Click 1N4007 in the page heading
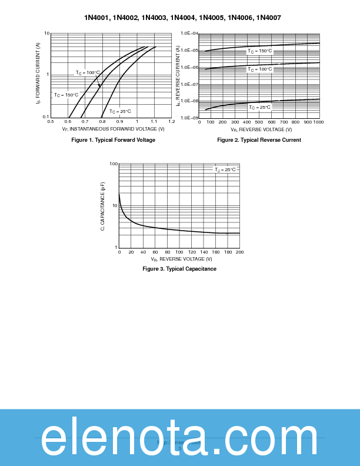[x=269, y=18]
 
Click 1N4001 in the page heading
[x=96, y=18]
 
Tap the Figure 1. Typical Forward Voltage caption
[x=113, y=140]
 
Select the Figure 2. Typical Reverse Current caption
[x=259, y=140]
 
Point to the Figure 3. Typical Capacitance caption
[x=179, y=269]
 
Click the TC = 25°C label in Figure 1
[x=119, y=111]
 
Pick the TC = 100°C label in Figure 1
[x=88, y=73]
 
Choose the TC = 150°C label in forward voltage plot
[x=66, y=95]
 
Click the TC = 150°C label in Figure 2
[x=259, y=51]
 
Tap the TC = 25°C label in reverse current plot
[x=259, y=107]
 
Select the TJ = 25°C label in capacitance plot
[x=225, y=169]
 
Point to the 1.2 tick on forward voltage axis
[x=172, y=122]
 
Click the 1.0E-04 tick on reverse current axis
[x=189, y=34]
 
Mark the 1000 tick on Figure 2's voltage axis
[x=318, y=122]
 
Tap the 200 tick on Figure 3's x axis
[x=239, y=252]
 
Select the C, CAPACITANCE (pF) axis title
[x=102, y=206]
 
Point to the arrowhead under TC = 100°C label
[x=99, y=86]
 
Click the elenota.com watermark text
[x=179, y=438]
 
